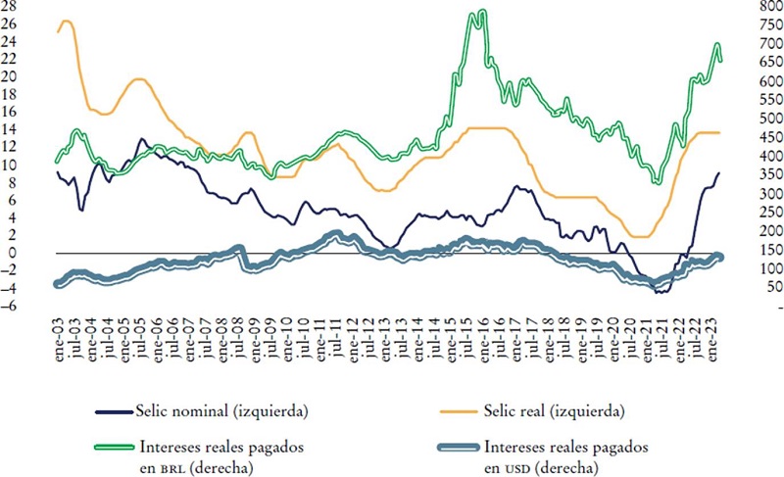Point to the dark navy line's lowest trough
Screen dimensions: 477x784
pos(659,291)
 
